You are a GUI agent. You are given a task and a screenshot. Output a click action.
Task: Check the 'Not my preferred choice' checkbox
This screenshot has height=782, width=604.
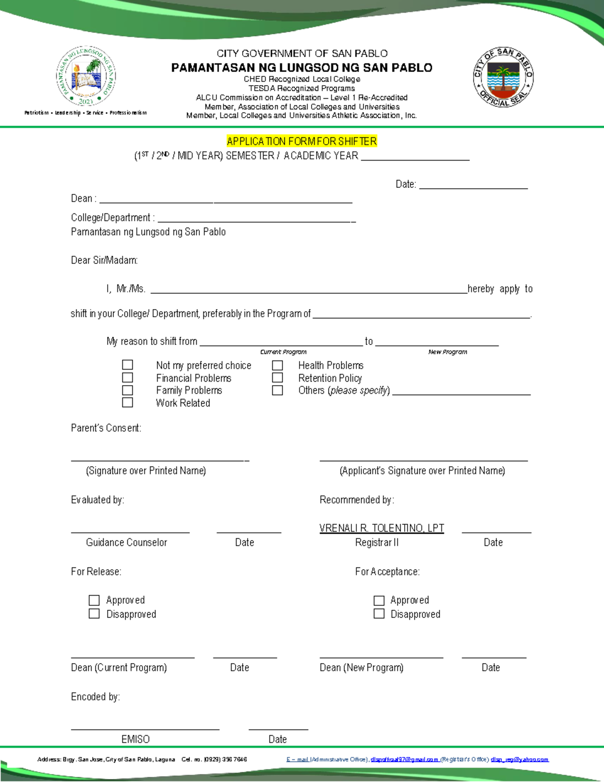[128, 365]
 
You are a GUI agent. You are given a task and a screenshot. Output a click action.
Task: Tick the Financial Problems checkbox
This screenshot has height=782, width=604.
[128, 377]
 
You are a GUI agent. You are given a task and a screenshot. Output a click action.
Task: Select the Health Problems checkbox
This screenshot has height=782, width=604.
[277, 365]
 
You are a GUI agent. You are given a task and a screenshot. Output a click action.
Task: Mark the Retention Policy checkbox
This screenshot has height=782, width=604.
[277, 377]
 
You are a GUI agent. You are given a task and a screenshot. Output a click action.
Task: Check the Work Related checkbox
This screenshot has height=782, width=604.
[128, 402]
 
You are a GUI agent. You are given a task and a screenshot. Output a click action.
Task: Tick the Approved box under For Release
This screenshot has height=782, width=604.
[94, 600]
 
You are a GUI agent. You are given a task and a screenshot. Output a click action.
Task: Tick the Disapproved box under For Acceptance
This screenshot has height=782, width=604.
[379, 613]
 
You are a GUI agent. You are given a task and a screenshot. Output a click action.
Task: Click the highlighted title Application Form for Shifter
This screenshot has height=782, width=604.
[301, 141]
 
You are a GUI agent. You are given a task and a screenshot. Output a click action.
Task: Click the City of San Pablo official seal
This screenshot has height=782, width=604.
[503, 77]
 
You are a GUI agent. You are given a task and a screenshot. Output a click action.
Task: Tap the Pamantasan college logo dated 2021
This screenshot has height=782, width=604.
[86, 76]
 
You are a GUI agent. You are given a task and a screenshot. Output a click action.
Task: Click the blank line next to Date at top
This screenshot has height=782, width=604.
[473, 185]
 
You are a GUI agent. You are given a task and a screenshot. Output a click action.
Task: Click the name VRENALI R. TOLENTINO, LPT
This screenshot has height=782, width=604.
[382, 528]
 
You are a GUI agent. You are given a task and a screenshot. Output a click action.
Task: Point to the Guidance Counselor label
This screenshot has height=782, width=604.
[126, 542]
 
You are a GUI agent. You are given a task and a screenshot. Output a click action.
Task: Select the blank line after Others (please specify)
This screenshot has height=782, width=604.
[461, 391]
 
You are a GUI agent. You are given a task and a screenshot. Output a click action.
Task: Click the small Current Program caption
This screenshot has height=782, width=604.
[283, 352]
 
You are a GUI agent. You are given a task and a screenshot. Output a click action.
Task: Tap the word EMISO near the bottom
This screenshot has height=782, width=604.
[135, 739]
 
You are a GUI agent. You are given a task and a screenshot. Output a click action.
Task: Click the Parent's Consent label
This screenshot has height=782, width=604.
[106, 428]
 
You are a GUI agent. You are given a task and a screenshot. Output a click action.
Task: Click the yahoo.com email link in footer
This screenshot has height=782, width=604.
[519, 759]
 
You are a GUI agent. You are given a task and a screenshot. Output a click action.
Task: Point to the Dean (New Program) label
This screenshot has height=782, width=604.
[361, 667]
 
